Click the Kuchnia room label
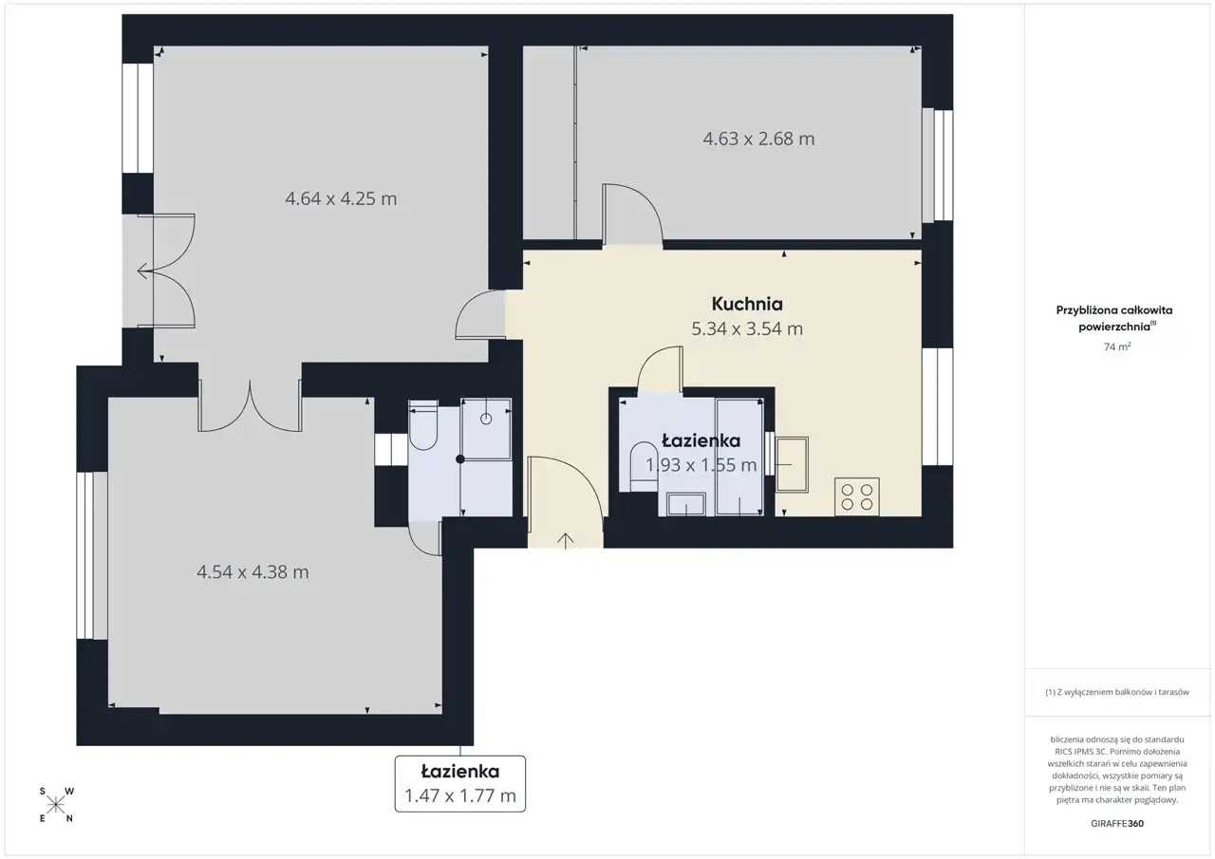747,305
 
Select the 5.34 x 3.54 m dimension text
747,328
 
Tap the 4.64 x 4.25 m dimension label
341,199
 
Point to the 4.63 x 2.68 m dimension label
758,139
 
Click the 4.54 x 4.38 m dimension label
252,571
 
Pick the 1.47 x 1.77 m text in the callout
460,795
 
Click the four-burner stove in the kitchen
857,496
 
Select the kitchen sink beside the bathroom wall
792,465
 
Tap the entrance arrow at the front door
565,541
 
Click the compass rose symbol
56,805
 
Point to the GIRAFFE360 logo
1117,823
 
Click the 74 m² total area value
1117,346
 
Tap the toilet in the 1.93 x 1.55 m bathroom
645,467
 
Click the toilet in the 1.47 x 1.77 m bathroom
423,425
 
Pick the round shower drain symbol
486,419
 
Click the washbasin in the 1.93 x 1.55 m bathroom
686,504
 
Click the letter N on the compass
69,819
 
